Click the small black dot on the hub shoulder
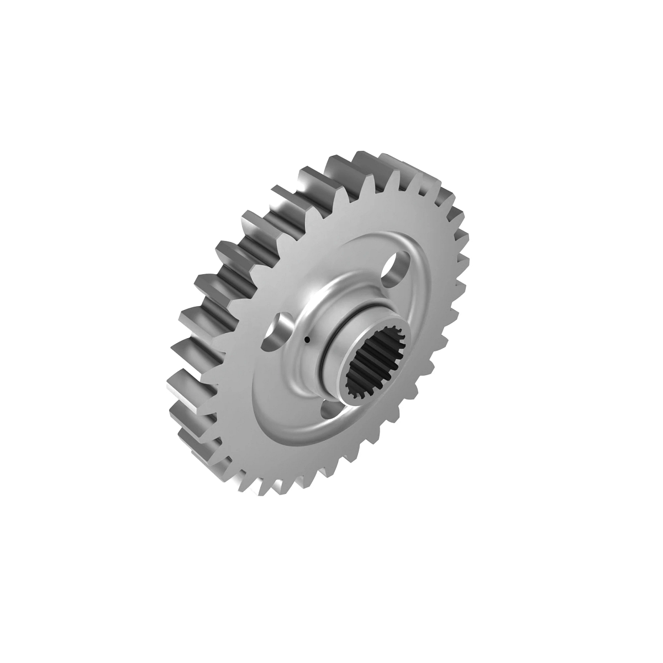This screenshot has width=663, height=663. [x=306, y=339]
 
